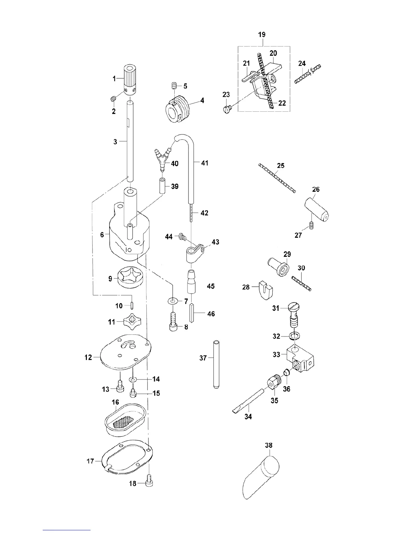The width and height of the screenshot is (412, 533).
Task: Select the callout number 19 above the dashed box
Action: click(x=262, y=34)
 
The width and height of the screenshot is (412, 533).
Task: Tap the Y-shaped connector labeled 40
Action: click(x=162, y=158)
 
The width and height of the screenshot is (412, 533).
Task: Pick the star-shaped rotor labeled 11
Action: click(x=129, y=322)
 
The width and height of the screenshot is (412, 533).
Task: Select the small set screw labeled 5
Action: click(x=174, y=86)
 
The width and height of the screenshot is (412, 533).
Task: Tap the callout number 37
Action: click(x=203, y=358)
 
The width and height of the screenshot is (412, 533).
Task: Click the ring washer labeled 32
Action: click(x=295, y=336)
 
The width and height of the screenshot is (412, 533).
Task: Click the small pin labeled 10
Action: click(x=132, y=306)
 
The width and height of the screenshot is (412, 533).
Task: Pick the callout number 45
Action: click(x=211, y=286)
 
